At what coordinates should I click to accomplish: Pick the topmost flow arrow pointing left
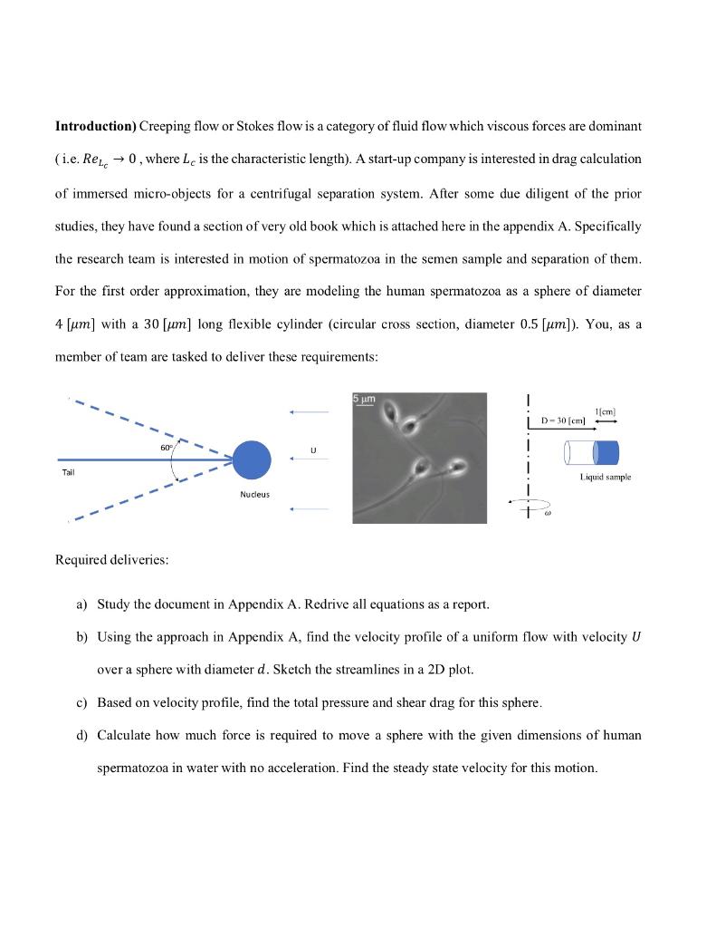pos(308,411)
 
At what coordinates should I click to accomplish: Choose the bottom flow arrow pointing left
pos(308,509)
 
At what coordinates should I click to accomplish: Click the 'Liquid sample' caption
pos(606,476)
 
